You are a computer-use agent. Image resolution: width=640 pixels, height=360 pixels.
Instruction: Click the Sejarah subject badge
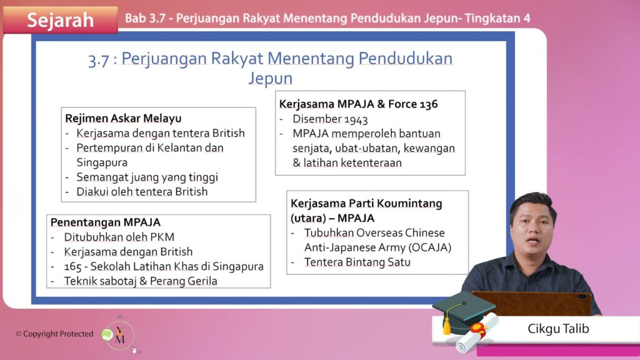(x=61, y=19)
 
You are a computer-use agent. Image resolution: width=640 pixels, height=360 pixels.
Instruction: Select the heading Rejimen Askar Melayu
(x=123, y=118)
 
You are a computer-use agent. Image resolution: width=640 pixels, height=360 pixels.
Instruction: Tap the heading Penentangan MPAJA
(x=105, y=222)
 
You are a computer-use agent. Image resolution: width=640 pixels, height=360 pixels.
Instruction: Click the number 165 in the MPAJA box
(x=72, y=266)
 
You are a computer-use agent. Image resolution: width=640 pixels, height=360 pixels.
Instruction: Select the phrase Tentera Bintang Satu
(x=357, y=262)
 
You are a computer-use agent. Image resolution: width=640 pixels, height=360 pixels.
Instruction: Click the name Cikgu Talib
(x=558, y=329)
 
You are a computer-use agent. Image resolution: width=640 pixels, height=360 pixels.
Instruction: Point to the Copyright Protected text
(x=55, y=334)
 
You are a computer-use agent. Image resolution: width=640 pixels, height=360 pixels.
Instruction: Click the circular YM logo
(x=119, y=336)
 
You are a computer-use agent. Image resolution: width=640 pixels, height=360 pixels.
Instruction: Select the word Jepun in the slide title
(x=270, y=78)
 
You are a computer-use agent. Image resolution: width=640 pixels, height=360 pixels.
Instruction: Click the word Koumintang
(x=409, y=203)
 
